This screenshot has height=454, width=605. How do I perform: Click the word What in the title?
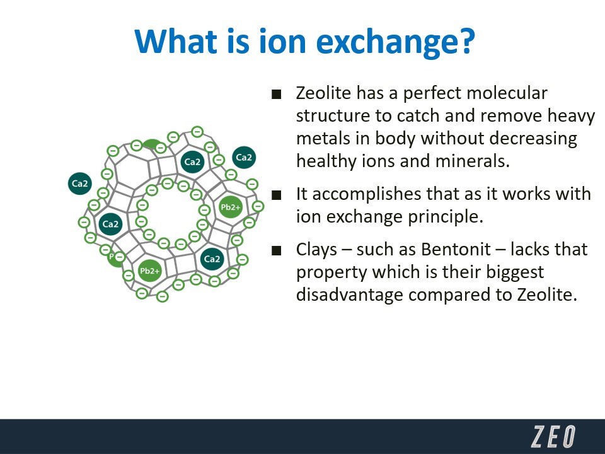coord(176,41)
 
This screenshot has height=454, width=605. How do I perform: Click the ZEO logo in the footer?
coord(553,436)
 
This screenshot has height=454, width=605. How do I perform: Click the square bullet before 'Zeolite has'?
coord(276,94)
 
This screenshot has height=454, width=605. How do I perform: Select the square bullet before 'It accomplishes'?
coord(276,195)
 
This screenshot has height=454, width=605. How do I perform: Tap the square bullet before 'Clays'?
coord(276,251)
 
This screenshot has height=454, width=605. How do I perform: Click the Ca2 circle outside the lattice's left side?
coord(80,183)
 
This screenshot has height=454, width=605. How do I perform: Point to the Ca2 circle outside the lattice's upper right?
coord(244,158)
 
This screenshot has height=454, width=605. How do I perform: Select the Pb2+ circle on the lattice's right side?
coord(231,207)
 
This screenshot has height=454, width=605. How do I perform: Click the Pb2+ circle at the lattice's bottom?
coord(149,271)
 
